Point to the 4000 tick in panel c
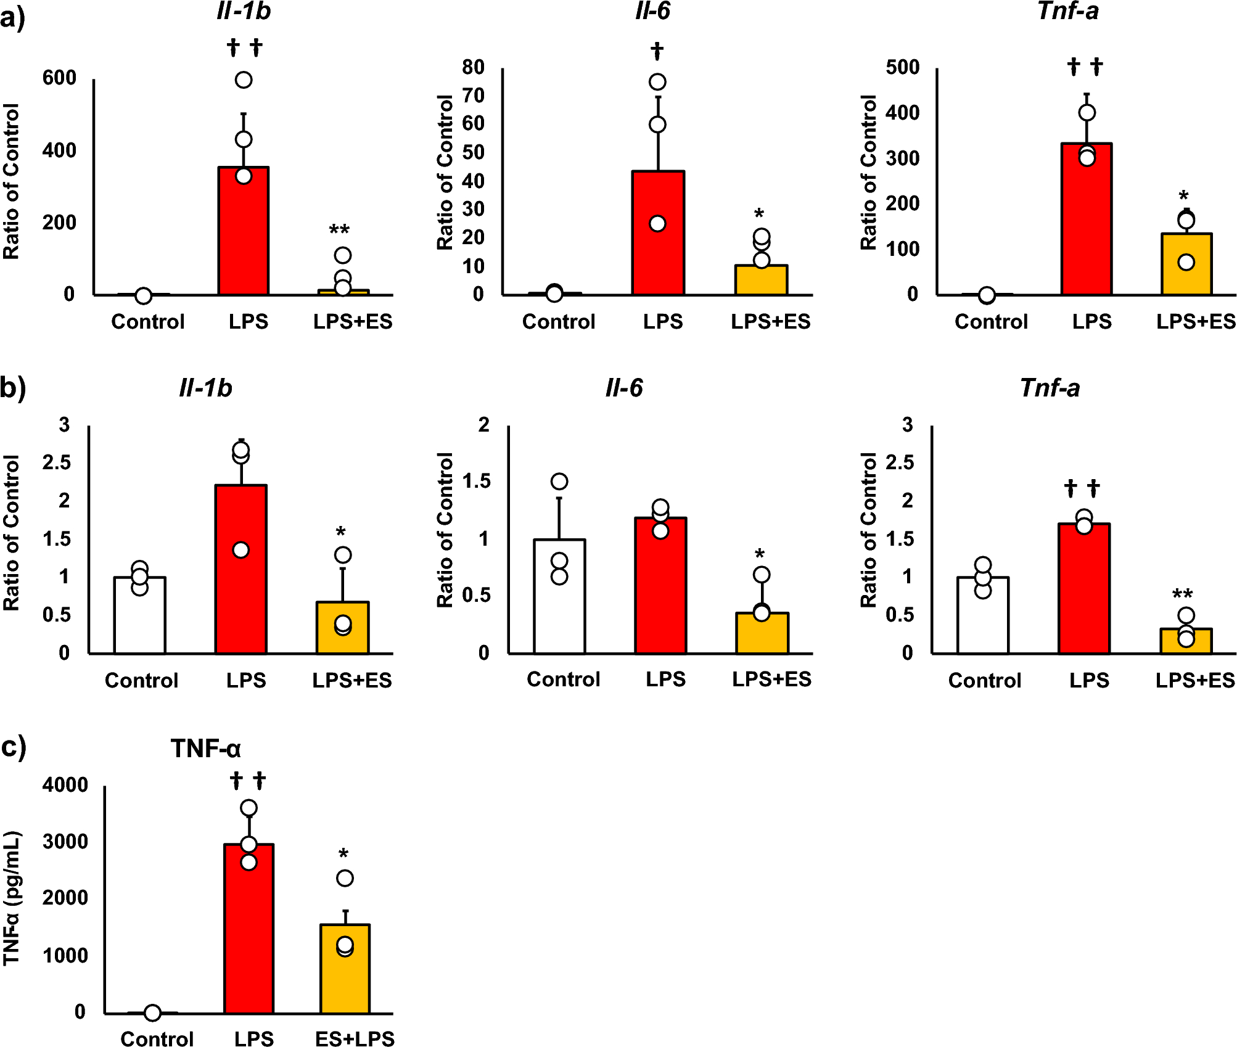[x=65, y=785]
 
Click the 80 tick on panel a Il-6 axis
[x=473, y=67]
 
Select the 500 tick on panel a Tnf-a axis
[x=902, y=67]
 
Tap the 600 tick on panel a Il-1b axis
[x=59, y=78]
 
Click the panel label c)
[x=14, y=747]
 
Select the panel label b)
[x=13, y=388]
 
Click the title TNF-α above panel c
[x=205, y=749]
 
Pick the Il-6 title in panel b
[x=623, y=388]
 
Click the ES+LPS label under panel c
[x=355, y=1038]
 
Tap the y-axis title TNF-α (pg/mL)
[x=12, y=898]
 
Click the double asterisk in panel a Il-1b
[x=339, y=230]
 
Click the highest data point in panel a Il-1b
[x=244, y=80]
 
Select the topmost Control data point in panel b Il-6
[x=559, y=482]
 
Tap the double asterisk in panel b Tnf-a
[x=1182, y=594]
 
